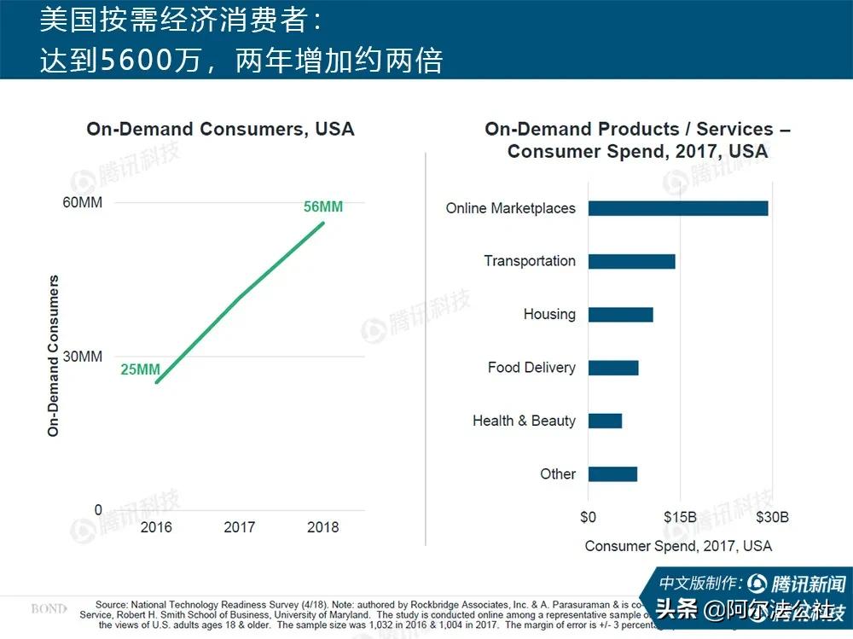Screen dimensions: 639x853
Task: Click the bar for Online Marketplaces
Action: [678, 208]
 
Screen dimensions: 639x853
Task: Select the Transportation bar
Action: [631, 261]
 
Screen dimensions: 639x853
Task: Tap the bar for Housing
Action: [620, 315]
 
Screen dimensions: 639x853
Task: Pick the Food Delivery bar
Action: [612, 368]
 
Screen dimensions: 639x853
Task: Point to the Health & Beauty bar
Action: [605, 421]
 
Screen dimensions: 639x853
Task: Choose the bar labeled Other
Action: [612, 474]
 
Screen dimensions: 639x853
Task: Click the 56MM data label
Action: [323, 207]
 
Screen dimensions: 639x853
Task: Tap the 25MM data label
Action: [140, 369]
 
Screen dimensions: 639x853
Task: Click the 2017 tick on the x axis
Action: [240, 527]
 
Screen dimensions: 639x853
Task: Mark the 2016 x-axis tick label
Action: [156, 527]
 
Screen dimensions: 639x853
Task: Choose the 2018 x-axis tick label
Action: [322, 527]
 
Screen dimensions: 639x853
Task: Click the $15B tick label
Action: [680, 517]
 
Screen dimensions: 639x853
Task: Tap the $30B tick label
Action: [772, 517]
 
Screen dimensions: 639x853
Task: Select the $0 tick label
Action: [588, 517]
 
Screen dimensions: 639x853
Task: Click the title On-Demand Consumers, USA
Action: [220, 130]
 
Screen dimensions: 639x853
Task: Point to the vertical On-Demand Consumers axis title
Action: [54, 356]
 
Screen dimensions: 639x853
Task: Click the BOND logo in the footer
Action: [49, 609]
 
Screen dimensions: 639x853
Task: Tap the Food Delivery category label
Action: [531, 368]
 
